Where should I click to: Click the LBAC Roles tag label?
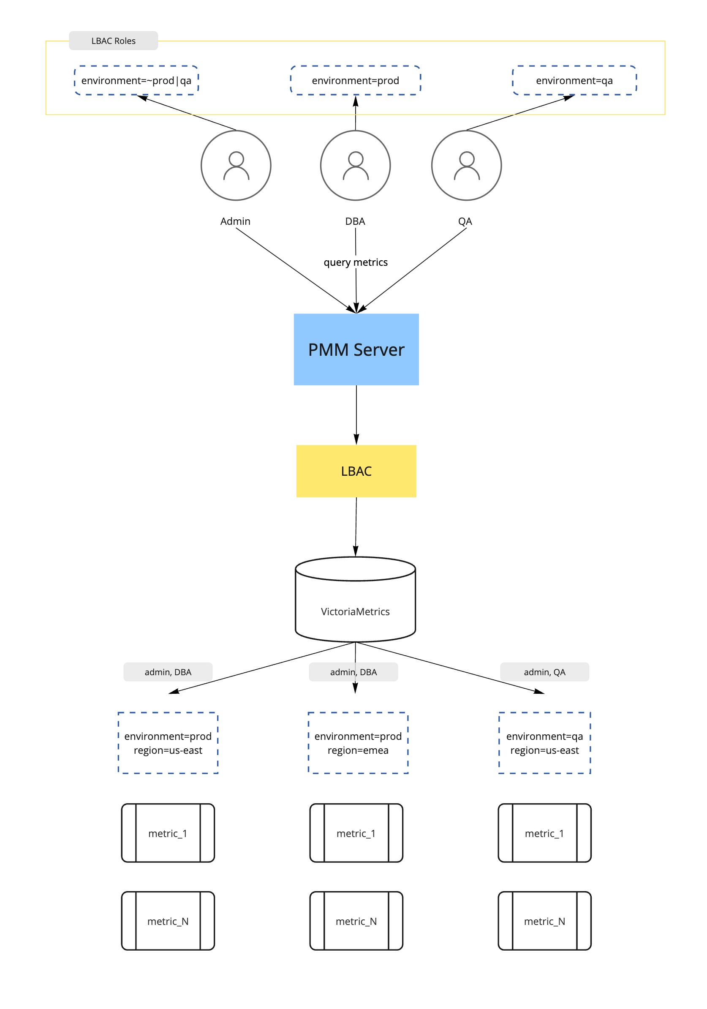pyautogui.click(x=113, y=41)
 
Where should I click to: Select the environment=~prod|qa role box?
pyautogui.click(x=136, y=80)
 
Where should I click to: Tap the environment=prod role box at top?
pyautogui.click(x=355, y=80)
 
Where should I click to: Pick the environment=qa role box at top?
pyautogui.click(x=574, y=80)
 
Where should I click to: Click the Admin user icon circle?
pyautogui.click(x=236, y=165)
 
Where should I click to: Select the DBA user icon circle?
pyautogui.click(x=355, y=165)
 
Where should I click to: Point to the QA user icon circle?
pyautogui.click(x=466, y=165)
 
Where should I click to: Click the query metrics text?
pyautogui.click(x=355, y=262)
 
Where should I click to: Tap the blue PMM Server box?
pyautogui.click(x=356, y=349)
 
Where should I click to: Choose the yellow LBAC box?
pyautogui.click(x=356, y=471)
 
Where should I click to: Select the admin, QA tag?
pyautogui.click(x=544, y=672)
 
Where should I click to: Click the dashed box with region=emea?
pyautogui.click(x=358, y=743)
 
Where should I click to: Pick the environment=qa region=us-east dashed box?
pyautogui.click(x=544, y=743)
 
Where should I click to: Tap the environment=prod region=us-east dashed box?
pyautogui.click(x=168, y=743)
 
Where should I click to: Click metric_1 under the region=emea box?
pyautogui.click(x=356, y=833)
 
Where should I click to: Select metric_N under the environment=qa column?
pyautogui.click(x=544, y=921)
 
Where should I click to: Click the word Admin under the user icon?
pyautogui.click(x=235, y=221)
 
